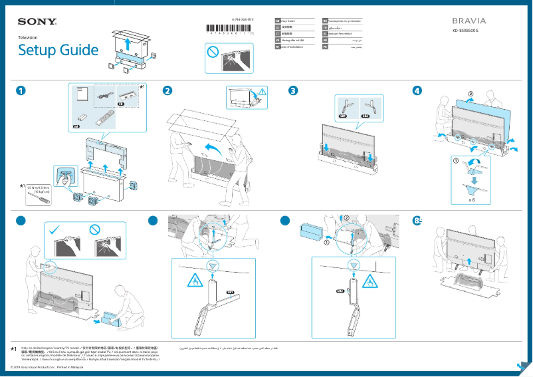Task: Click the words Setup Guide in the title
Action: coord(58,51)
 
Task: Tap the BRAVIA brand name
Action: coord(469,21)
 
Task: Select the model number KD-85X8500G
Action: coord(469,31)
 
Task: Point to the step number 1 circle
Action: coord(23,91)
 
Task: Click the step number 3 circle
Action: coord(292,91)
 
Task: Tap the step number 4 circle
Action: coord(417,91)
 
